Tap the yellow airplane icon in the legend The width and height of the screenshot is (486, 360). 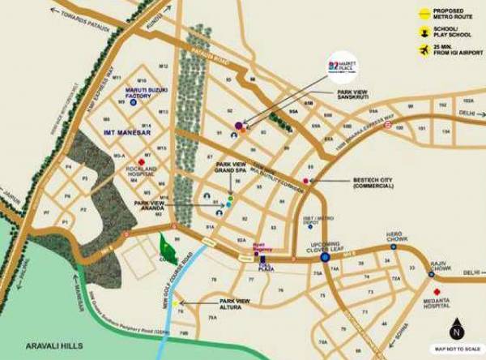(x=423, y=51)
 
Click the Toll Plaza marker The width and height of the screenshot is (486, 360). (x=262, y=259)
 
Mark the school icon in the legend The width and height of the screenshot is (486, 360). (x=423, y=32)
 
